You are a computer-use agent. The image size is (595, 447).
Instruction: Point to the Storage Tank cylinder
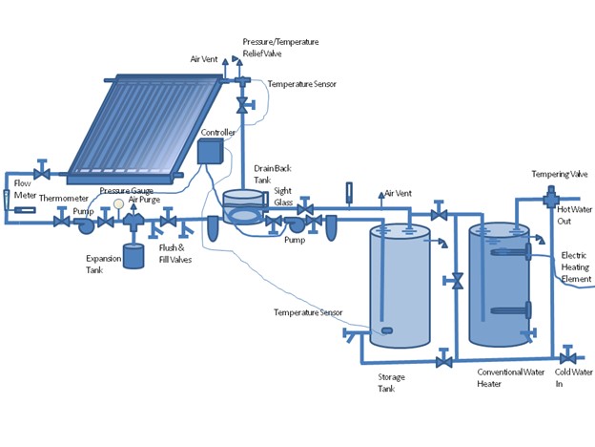[x=399, y=287]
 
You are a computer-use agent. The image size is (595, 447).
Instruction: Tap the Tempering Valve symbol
[x=551, y=197]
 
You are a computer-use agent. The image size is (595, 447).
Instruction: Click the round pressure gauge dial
[x=118, y=203]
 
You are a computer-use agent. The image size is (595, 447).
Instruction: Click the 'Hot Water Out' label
[x=573, y=214]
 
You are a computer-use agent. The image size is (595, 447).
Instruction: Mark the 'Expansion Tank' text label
[x=102, y=265]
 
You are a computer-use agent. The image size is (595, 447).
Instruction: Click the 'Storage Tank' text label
[x=391, y=383]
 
